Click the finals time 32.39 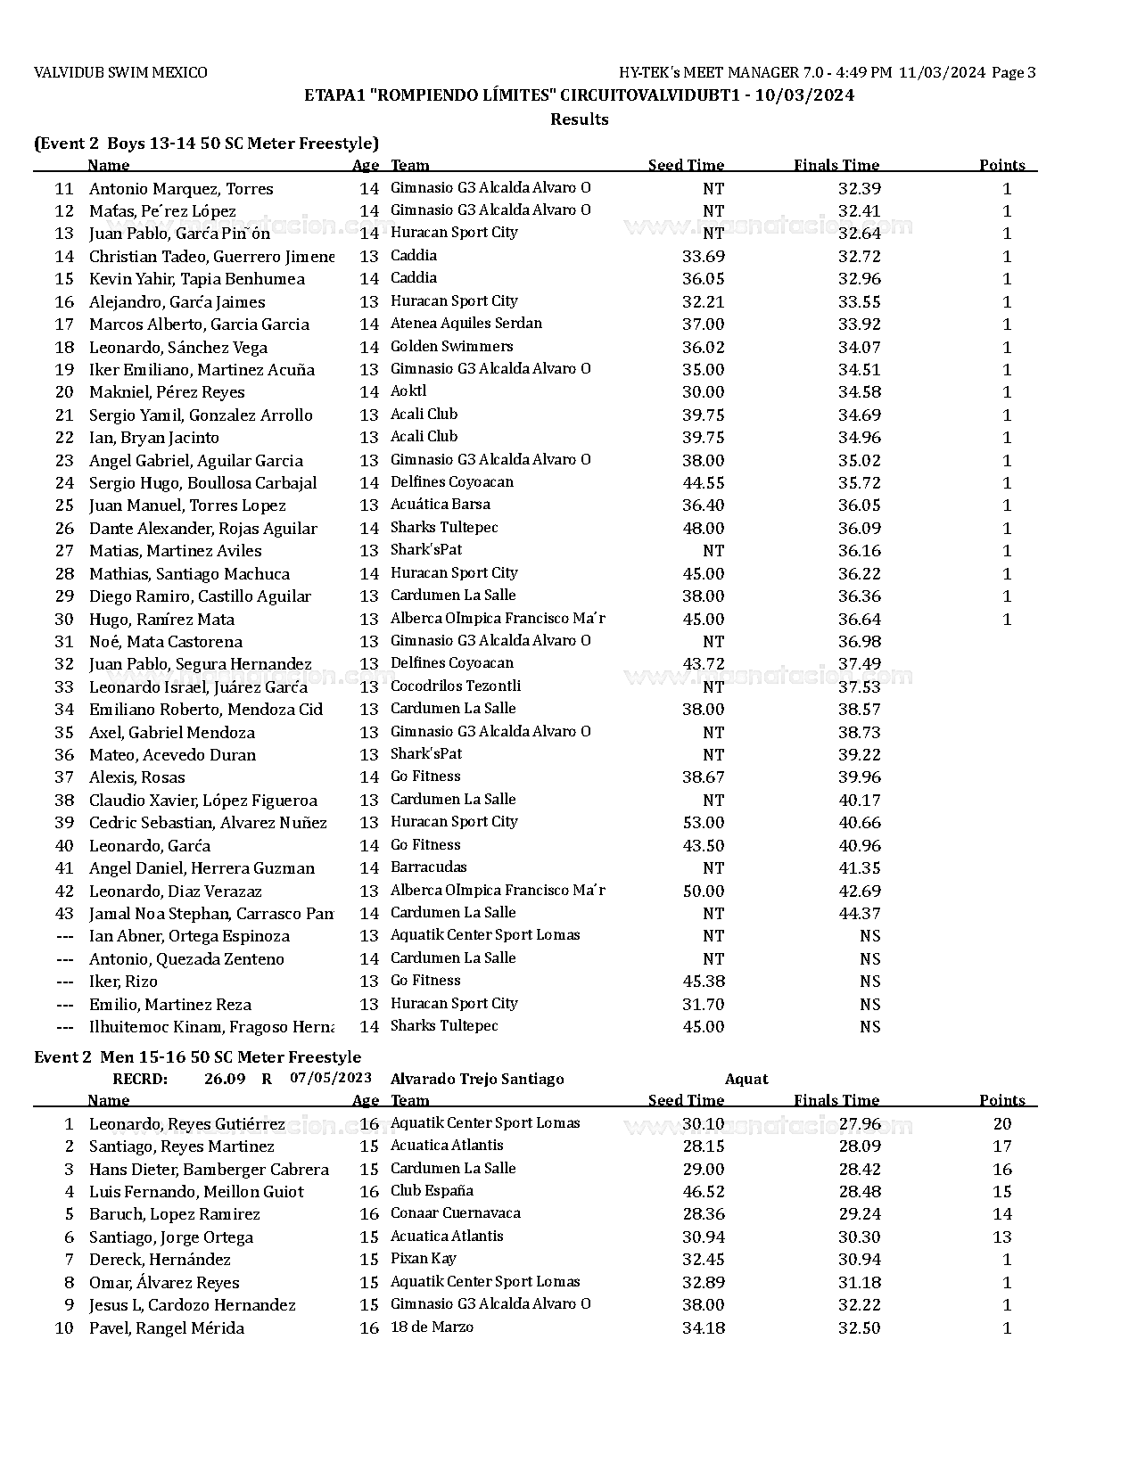[859, 189]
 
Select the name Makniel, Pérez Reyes [167, 392]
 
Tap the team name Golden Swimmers [451, 347]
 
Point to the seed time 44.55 [703, 483]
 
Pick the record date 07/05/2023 [330, 1079]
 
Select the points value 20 [1001, 1124]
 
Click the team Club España [432, 1191]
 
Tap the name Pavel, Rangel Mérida [166, 1328]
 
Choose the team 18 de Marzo [432, 1327]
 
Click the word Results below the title [579, 119]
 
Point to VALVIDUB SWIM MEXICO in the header [120, 73]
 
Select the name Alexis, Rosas [137, 777]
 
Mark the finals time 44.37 [859, 914]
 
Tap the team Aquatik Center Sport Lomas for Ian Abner [485, 935]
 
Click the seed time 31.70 [703, 1005]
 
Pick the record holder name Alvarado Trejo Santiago [477, 1080]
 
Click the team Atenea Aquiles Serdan [466, 324]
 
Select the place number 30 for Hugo [64, 620]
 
